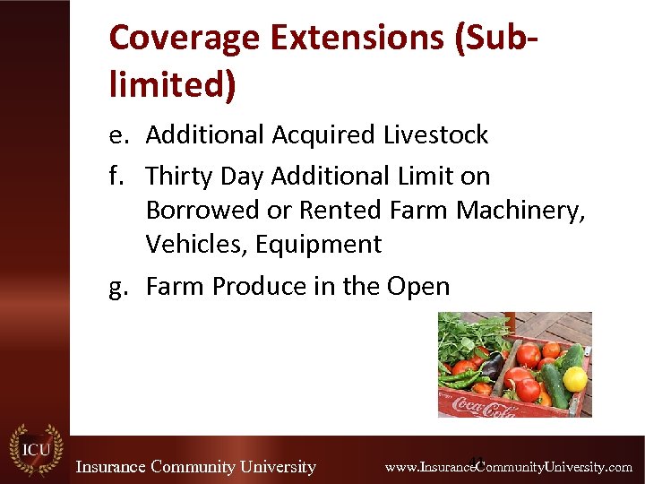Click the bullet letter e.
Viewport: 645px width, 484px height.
[x=117, y=135]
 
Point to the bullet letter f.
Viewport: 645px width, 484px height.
[x=116, y=176]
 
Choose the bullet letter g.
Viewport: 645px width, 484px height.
[x=117, y=287]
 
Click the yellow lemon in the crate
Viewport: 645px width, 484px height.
[x=575, y=378]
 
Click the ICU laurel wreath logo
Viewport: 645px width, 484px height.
[x=36, y=450]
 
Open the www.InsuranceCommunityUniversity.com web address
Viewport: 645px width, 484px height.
[x=508, y=467]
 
